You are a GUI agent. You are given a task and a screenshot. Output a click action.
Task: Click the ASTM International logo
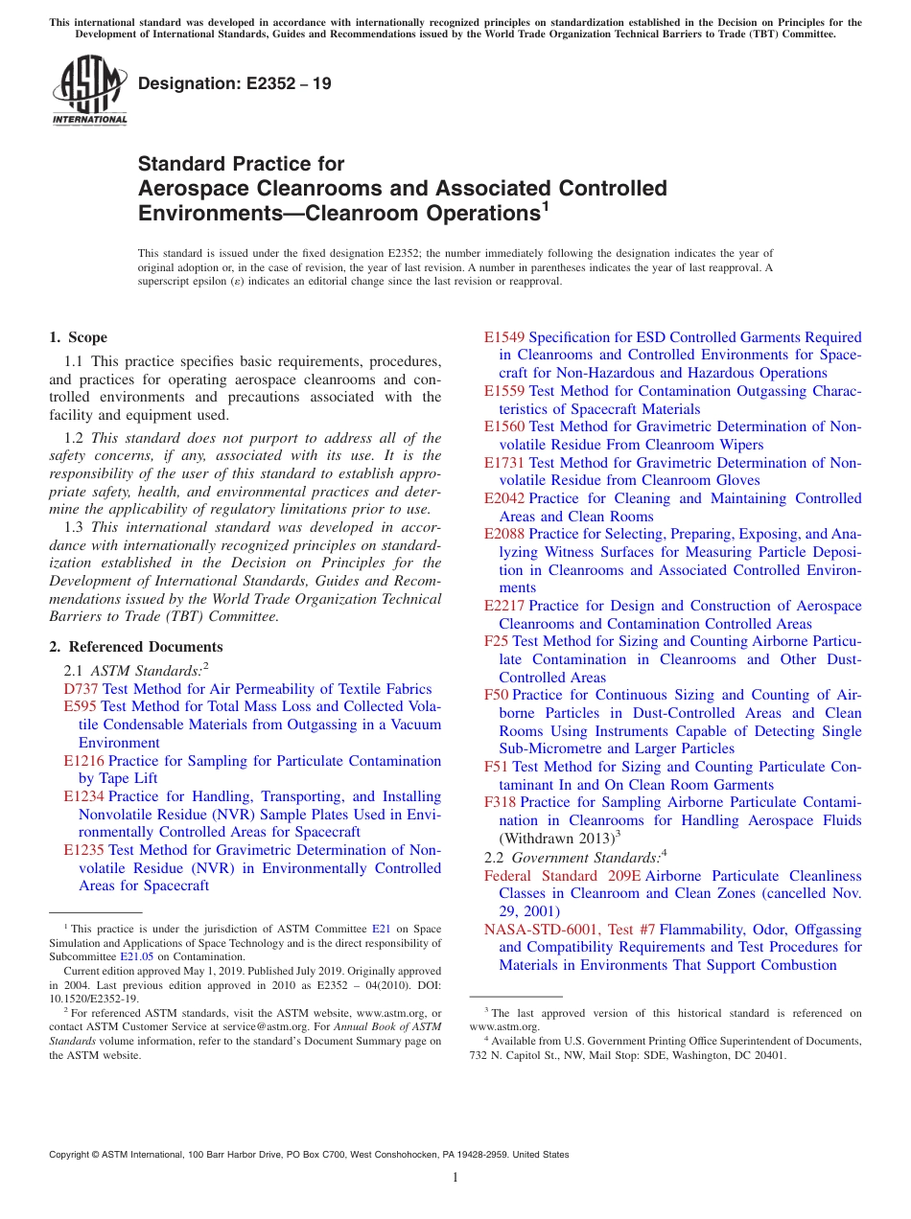tap(89, 92)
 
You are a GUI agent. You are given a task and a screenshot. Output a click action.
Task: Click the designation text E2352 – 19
tap(234, 84)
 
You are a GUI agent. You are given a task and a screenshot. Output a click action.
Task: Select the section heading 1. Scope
tap(79, 337)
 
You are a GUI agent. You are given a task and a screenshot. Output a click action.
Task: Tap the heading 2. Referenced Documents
tap(136, 647)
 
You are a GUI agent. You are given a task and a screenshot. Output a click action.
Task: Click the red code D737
tap(81, 689)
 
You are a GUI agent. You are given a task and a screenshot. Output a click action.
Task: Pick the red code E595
tap(81, 706)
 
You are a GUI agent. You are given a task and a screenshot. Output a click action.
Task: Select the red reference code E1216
tap(84, 761)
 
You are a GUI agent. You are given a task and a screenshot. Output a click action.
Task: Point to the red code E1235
tap(84, 850)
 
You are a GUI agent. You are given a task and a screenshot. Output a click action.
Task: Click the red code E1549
tap(504, 337)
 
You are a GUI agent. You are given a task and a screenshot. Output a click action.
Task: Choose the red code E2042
tap(504, 498)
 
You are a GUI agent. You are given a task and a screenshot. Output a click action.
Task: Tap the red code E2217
tap(504, 606)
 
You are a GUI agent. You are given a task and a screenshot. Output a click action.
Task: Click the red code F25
tap(496, 641)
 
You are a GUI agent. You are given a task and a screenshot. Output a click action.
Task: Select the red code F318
tap(500, 802)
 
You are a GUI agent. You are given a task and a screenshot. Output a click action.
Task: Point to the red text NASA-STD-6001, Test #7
tap(570, 930)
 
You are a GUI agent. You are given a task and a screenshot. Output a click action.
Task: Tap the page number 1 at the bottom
tap(455, 1178)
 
